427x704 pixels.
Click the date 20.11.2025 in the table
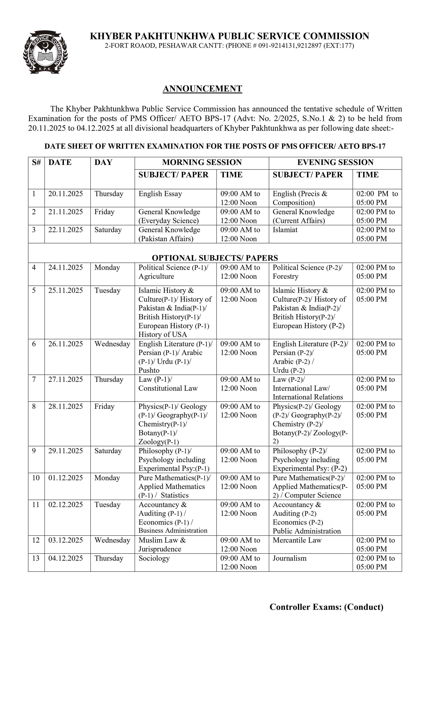(66, 194)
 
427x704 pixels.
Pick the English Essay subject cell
(160, 194)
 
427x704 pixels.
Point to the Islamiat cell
(285, 230)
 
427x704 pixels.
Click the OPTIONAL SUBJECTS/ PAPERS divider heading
(215, 258)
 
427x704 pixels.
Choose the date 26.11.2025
(66, 344)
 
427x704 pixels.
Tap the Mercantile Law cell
(297, 540)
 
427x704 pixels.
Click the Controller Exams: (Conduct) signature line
(326, 607)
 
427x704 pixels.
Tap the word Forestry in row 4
(286, 276)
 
